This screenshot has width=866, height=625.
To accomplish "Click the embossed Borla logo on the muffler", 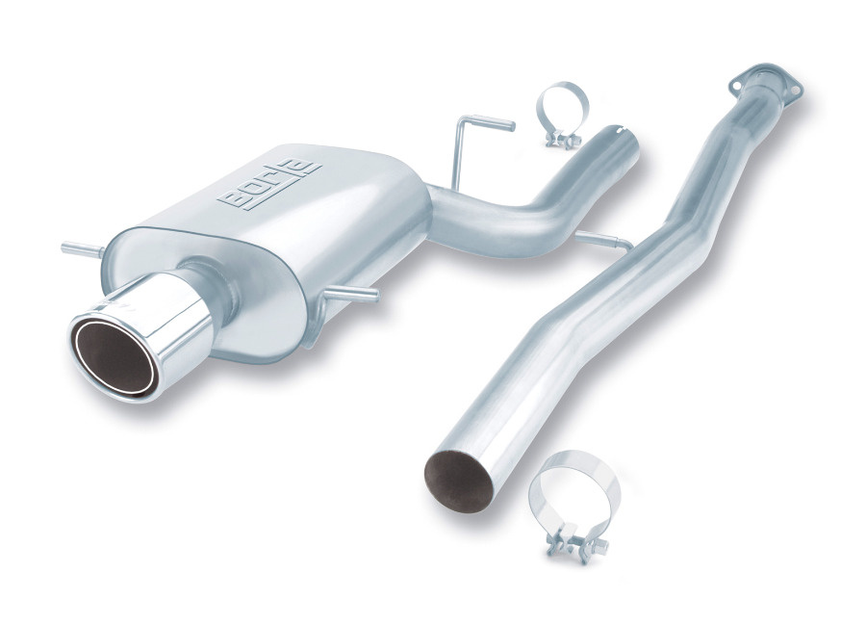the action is click(x=269, y=184).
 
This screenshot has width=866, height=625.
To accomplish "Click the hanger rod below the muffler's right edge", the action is click(x=350, y=294).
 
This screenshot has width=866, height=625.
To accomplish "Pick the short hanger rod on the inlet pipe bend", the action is click(x=605, y=241).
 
